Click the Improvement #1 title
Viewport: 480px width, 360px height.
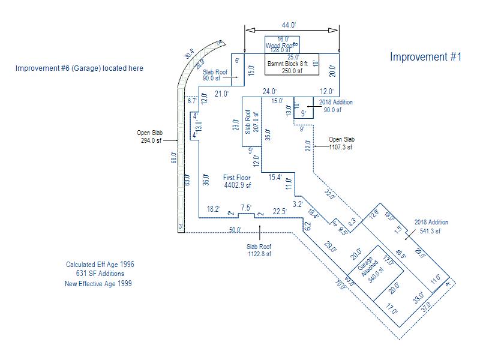[425, 57]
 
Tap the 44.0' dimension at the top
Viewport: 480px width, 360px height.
[289, 25]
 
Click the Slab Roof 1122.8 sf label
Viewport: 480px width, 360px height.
[259, 250]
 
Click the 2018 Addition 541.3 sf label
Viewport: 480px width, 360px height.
[431, 226]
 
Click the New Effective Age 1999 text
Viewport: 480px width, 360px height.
[98, 284]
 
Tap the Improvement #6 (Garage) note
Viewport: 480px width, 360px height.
[79, 68]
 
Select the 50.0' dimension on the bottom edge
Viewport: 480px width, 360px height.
[235, 230]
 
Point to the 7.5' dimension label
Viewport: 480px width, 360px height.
[246, 208]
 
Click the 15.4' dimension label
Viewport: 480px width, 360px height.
[275, 177]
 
